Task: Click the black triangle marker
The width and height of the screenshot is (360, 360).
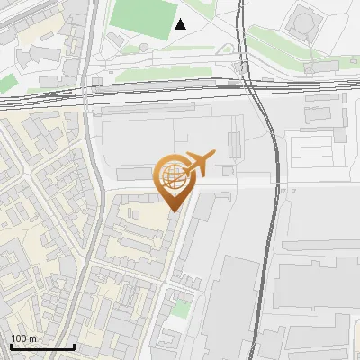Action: tap(181, 24)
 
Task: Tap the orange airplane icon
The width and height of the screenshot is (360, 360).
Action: tap(200, 164)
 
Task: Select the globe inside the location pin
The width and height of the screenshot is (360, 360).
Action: tap(174, 176)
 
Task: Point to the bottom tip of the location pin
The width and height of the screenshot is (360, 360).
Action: tap(174, 211)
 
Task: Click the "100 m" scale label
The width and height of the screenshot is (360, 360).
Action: tap(23, 338)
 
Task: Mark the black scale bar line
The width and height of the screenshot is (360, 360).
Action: tap(42, 346)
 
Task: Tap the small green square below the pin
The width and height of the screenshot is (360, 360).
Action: tap(181, 309)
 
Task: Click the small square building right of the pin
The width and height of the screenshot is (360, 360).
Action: tap(228, 171)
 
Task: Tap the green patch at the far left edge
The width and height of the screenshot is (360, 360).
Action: tap(7, 83)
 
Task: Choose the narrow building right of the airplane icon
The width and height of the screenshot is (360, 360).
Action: tap(236, 145)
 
